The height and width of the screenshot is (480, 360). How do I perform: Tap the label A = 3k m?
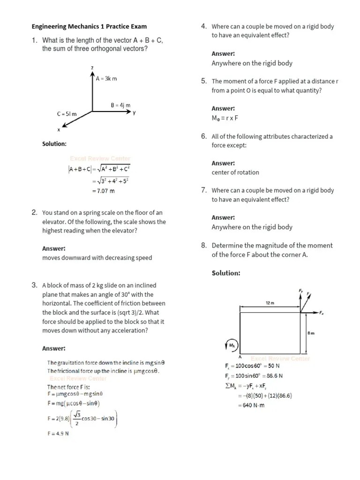(x=106, y=78)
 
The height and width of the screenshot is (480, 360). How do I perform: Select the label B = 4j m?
(x=120, y=105)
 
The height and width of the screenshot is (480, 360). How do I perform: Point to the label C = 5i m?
(x=67, y=114)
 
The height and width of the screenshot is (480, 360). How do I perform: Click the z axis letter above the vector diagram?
(x=92, y=68)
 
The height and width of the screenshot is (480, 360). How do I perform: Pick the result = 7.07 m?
(x=104, y=191)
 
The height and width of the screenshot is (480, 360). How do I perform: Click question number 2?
(x=34, y=213)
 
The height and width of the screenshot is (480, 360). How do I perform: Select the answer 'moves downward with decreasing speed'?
(x=97, y=257)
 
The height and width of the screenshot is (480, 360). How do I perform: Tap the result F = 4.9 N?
(x=58, y=433)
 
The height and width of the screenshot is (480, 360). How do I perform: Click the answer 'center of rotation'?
(x=235, y=172)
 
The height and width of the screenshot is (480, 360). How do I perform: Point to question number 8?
(x=203, y=245)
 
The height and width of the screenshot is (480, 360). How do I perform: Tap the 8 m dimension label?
(x=310, y=333)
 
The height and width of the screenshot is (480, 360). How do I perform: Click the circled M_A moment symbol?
(x=232, y=346)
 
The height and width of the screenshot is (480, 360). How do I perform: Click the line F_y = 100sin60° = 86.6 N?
(x=254, y=376)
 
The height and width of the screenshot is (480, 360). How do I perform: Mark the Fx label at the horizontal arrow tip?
(x=322, y=313)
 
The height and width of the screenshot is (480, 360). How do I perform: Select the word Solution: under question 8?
(x=226, y=273)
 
